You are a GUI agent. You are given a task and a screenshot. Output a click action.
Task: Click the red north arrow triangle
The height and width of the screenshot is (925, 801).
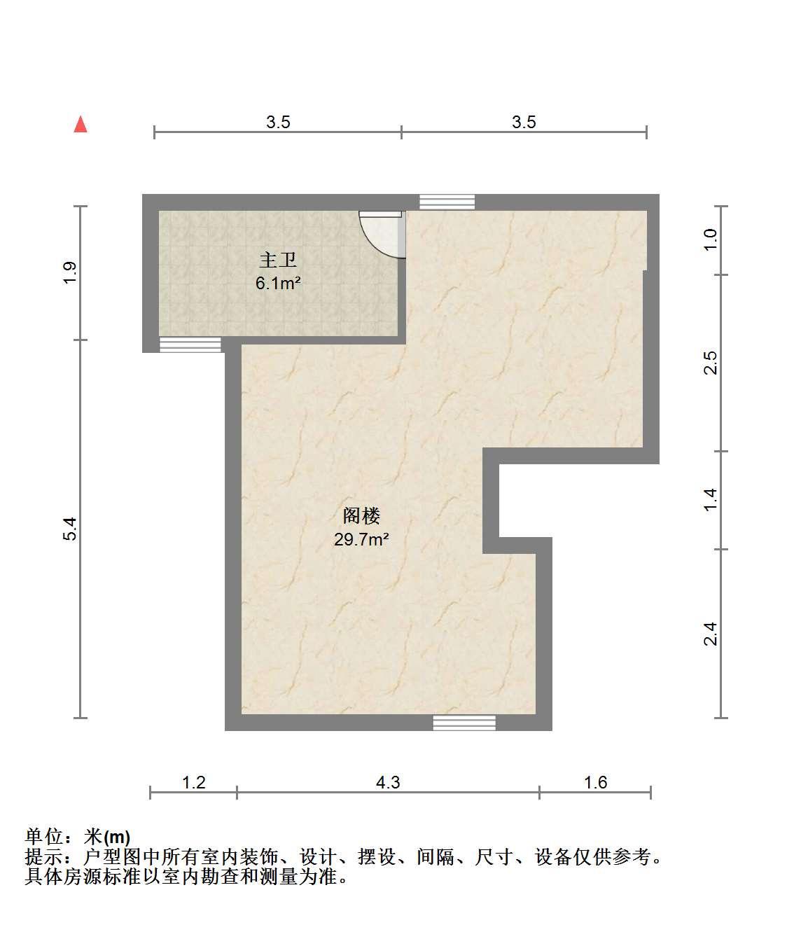pos(81,125)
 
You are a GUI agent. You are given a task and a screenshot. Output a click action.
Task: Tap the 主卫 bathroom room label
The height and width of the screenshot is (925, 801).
pos(278,260)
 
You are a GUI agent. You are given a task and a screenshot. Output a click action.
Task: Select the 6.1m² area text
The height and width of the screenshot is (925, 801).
pos(278,284)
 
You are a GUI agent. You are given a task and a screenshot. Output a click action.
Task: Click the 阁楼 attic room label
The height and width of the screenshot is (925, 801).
pos(361,515)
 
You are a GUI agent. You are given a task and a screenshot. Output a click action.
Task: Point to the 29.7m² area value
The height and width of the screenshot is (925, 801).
pos(361,539)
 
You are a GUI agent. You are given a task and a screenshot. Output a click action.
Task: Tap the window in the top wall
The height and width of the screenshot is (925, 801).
pos(447,202)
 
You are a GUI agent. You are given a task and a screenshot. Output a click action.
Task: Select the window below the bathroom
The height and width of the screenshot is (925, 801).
pos(190,345)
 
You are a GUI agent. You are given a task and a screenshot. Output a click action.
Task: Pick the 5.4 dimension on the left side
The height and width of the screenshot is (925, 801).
pos(70,529)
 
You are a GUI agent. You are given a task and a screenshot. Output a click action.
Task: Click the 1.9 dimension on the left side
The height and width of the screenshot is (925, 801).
pos(70,272)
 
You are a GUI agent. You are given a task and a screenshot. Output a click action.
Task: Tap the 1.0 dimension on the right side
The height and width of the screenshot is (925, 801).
pos(710,240)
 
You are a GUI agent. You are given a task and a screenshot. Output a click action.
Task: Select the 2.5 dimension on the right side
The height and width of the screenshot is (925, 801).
pos(710,363)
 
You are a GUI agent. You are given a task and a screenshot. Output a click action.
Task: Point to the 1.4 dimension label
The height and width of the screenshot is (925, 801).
pos(710,499)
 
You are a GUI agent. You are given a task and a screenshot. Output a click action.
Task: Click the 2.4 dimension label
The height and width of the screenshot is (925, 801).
pos(710,634)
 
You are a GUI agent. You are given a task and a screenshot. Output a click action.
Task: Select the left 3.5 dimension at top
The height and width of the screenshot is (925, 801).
pos(279,122)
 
